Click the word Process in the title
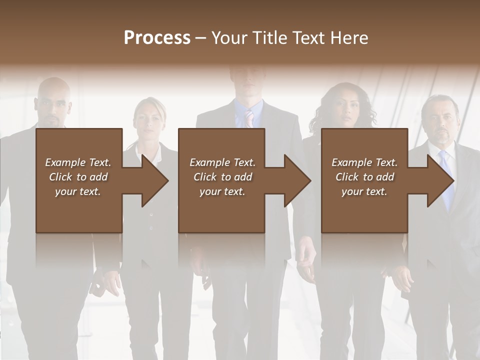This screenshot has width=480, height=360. [157, 38]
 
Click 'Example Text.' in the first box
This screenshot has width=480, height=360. [78, 162]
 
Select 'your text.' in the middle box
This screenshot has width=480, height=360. [222, 191]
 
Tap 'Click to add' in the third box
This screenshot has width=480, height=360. [364, 177]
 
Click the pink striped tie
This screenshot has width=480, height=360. [249, 119]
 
